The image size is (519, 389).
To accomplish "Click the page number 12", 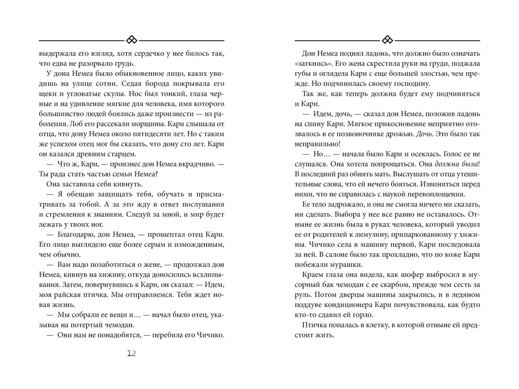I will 132,354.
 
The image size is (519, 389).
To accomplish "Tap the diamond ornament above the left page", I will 132,40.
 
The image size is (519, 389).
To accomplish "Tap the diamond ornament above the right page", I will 387,40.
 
